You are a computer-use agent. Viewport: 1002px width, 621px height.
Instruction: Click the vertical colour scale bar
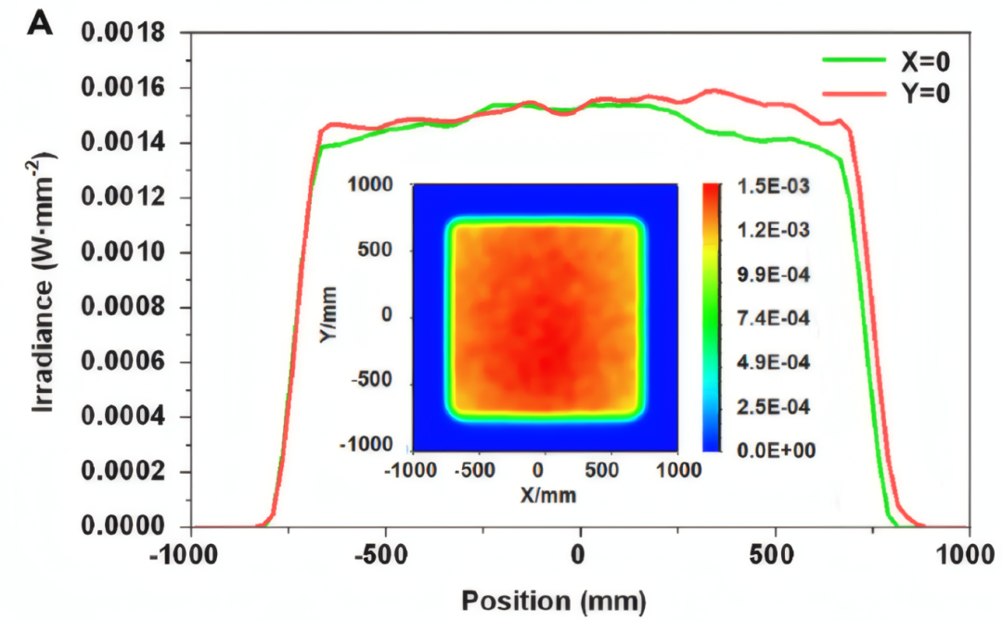point(712,317)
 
